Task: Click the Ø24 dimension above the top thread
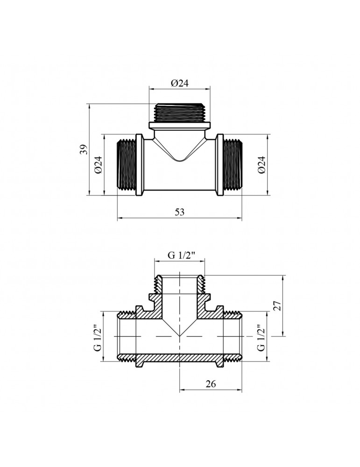pos(180,83)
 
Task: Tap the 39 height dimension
pos(84,149)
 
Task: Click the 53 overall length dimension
pos(180,212)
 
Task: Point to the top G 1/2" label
pos(181,255)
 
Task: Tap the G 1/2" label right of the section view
pos(261,338)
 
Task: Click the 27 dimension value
pos(277,306)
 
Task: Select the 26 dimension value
pos(210,384)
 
